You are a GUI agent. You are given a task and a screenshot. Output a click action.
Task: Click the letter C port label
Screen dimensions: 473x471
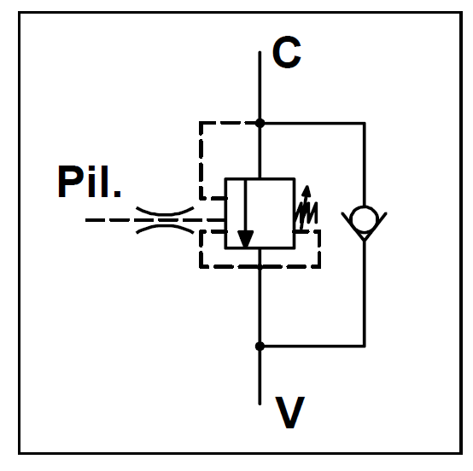point(287,52)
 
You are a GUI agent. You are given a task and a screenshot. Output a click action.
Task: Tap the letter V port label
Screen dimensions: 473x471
point(290,412)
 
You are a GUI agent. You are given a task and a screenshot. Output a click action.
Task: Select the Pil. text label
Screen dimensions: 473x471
point(90,182)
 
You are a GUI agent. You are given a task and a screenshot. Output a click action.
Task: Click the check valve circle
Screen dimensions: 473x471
point(365,219)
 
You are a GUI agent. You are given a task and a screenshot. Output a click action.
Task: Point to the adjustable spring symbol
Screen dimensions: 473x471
point(307,208)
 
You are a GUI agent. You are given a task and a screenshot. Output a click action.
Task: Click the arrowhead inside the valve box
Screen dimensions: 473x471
point(246,239)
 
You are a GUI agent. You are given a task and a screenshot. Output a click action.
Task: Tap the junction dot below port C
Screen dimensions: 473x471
point(260,123)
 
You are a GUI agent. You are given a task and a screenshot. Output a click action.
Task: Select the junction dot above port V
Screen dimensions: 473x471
point(260,346)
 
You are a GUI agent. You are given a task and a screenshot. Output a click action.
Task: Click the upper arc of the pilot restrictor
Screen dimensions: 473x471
point(165,212)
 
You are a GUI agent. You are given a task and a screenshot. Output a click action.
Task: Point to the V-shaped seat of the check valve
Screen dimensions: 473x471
point(365,227)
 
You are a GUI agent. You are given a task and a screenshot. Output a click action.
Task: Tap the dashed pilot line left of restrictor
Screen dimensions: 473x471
point(110,220)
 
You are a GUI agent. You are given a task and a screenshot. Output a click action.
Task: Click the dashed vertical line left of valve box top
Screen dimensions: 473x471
point(201,160)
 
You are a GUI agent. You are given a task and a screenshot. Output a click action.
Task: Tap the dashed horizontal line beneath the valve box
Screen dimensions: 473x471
point(260,266)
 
